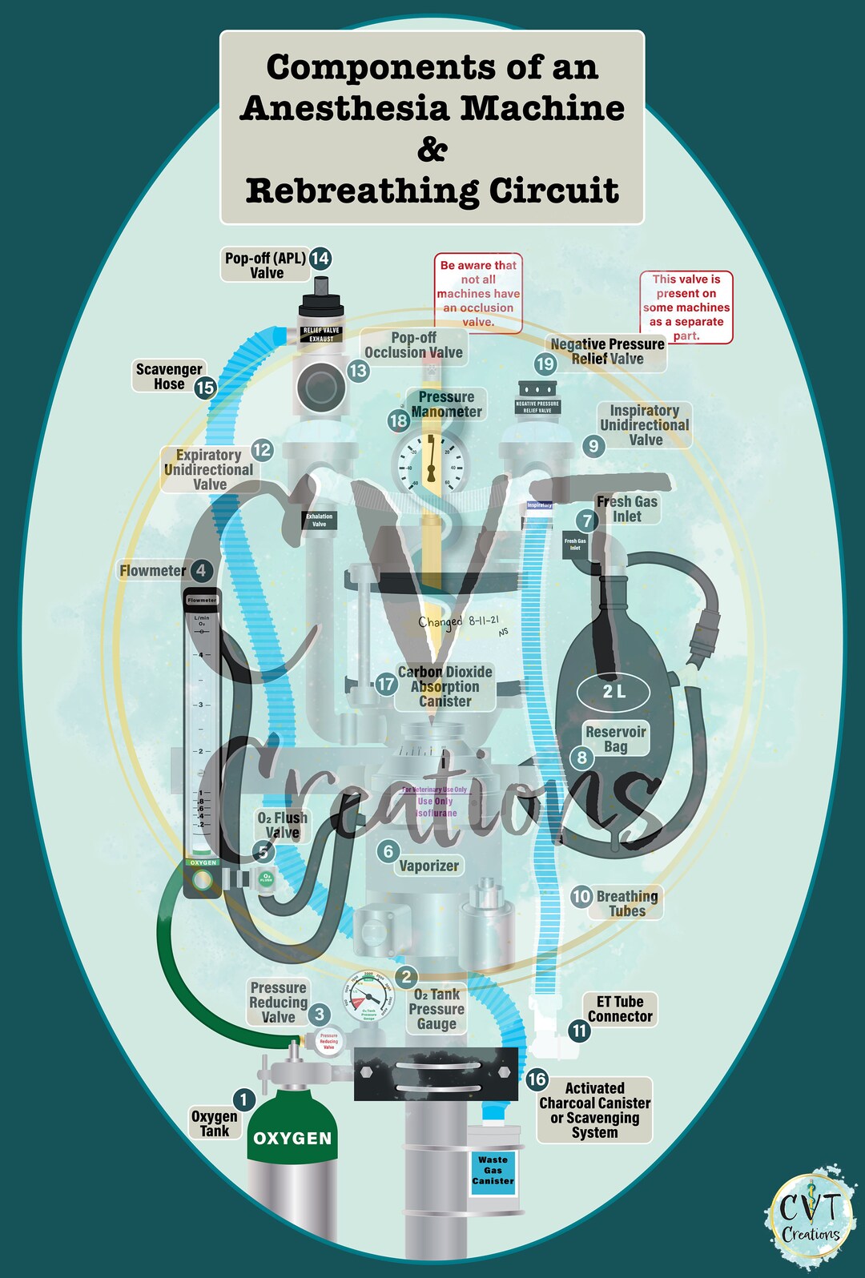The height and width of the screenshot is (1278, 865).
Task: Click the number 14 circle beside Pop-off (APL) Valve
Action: tap(320, 258)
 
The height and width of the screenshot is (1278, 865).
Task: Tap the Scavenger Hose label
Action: tap(168, 376)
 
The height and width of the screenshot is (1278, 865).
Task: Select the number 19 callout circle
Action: tap(545, 364)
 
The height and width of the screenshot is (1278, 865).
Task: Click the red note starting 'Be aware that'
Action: tap(478, 293)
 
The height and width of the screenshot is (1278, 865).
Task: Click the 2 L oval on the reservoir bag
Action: tap(614, 692)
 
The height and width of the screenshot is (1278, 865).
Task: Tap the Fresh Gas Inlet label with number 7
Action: tap(627, 509)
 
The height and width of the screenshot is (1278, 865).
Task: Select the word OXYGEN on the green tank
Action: tap(292, 1138)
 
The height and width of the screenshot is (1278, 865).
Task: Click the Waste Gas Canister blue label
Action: tap(493, 1171)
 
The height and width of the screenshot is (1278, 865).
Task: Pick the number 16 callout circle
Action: tap(537, 1079)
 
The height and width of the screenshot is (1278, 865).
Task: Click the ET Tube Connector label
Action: tap(620, 1009)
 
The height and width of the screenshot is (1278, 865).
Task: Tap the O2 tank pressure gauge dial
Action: tap(369, 998)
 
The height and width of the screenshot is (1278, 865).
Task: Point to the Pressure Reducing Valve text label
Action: tap(278, 1003)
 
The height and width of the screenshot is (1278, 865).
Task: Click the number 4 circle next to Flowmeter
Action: tap(201, 571)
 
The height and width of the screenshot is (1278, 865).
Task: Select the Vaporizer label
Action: tap(428, 866)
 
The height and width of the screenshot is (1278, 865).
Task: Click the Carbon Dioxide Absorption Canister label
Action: tap(445, 687)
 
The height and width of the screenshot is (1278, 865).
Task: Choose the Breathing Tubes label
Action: tap(627, 903)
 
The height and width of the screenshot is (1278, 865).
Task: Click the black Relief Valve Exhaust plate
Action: tap(321, 335)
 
